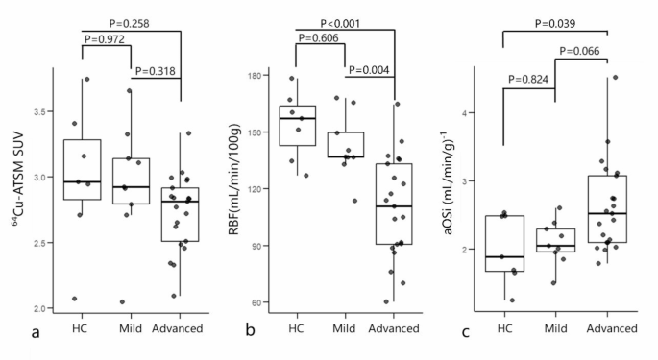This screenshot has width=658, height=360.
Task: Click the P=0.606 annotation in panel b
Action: coord(322,38)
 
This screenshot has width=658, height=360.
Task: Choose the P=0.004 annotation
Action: coord(375,69)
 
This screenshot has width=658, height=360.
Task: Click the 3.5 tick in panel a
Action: coord(41,112)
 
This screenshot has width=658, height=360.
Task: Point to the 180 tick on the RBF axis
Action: coord(258,76)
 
